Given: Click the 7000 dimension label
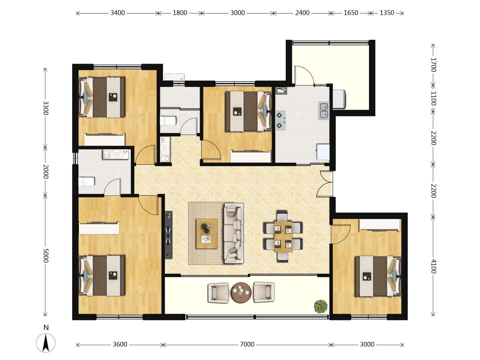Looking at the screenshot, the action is [x=247, y=344].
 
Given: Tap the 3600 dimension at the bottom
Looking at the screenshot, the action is [x=120, y=344].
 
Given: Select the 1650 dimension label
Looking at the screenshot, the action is [x=351, y=13].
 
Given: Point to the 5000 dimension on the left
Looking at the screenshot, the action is [x=46, y=255].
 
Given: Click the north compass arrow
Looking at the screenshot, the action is [x=46, y=343].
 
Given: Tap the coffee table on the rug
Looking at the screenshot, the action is [x=207, y=233].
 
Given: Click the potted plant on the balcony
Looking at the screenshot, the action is [x=321, y=306].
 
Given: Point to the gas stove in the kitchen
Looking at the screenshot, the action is [x=280, y=120].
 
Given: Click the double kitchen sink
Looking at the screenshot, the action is [x=324, y=111].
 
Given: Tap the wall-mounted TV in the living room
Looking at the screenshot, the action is [x=169, y=235].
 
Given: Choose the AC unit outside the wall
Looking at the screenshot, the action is [x=175, y=77].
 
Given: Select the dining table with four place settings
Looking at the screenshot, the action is [x=283, y=236].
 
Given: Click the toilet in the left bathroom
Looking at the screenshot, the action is [x=86, y=181].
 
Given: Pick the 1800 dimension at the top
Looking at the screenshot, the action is [x=180, y=13].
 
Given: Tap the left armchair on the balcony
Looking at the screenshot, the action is [x=218, y=293].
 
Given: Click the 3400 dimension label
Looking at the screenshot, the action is [x=117, y=13].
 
